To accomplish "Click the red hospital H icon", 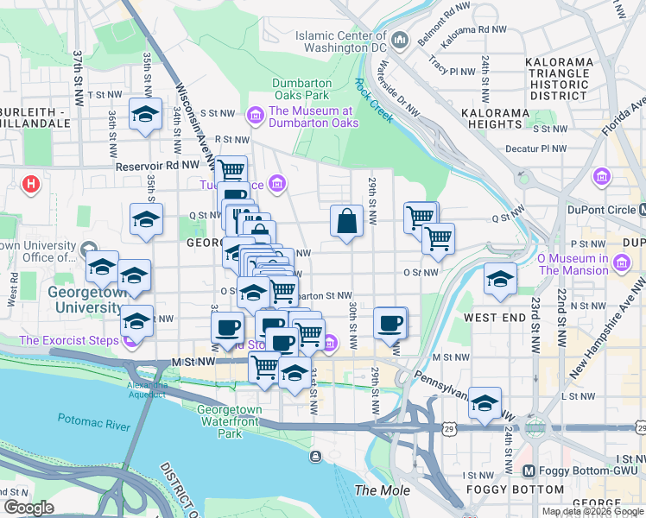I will (x=32, y=184).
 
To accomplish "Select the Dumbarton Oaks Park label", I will (x=301, y=90).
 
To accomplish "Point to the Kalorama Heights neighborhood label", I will (x=494, y=119).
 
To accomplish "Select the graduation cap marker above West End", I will (x=499, y=278).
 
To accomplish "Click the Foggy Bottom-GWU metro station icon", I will (x=530, y=471).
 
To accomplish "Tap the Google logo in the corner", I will (x=28, y=508).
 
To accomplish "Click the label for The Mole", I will (x=378, y=490).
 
